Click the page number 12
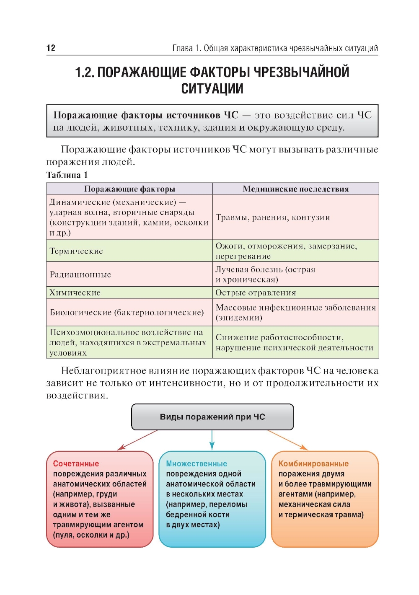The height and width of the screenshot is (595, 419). pos(51,48)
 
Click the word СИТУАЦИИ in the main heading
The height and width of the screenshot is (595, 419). pos(212,89)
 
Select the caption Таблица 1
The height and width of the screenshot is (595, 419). pos(67,175)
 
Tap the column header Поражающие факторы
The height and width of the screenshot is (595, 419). pos(129,189)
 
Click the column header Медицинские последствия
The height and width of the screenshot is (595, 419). pos(295,189)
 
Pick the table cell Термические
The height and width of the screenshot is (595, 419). pos(76,251)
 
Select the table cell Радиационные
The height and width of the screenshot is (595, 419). pos(80,274)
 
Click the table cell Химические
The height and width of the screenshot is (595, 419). pos(75,292)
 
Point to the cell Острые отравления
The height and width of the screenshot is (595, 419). pos(256,292)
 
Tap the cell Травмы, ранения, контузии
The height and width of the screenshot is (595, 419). pos(273,217)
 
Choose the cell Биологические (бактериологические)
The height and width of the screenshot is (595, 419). pos(127,312)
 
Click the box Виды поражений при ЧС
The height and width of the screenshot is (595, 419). pos(212,417)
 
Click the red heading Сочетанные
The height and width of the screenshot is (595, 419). pos(76,463)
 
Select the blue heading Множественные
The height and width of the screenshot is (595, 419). pos(197,463)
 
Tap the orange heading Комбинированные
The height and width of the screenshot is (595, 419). pos(313,463)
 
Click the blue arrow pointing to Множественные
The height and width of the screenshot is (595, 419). pos(212,440)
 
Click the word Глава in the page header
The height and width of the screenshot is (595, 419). pos(183,48)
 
